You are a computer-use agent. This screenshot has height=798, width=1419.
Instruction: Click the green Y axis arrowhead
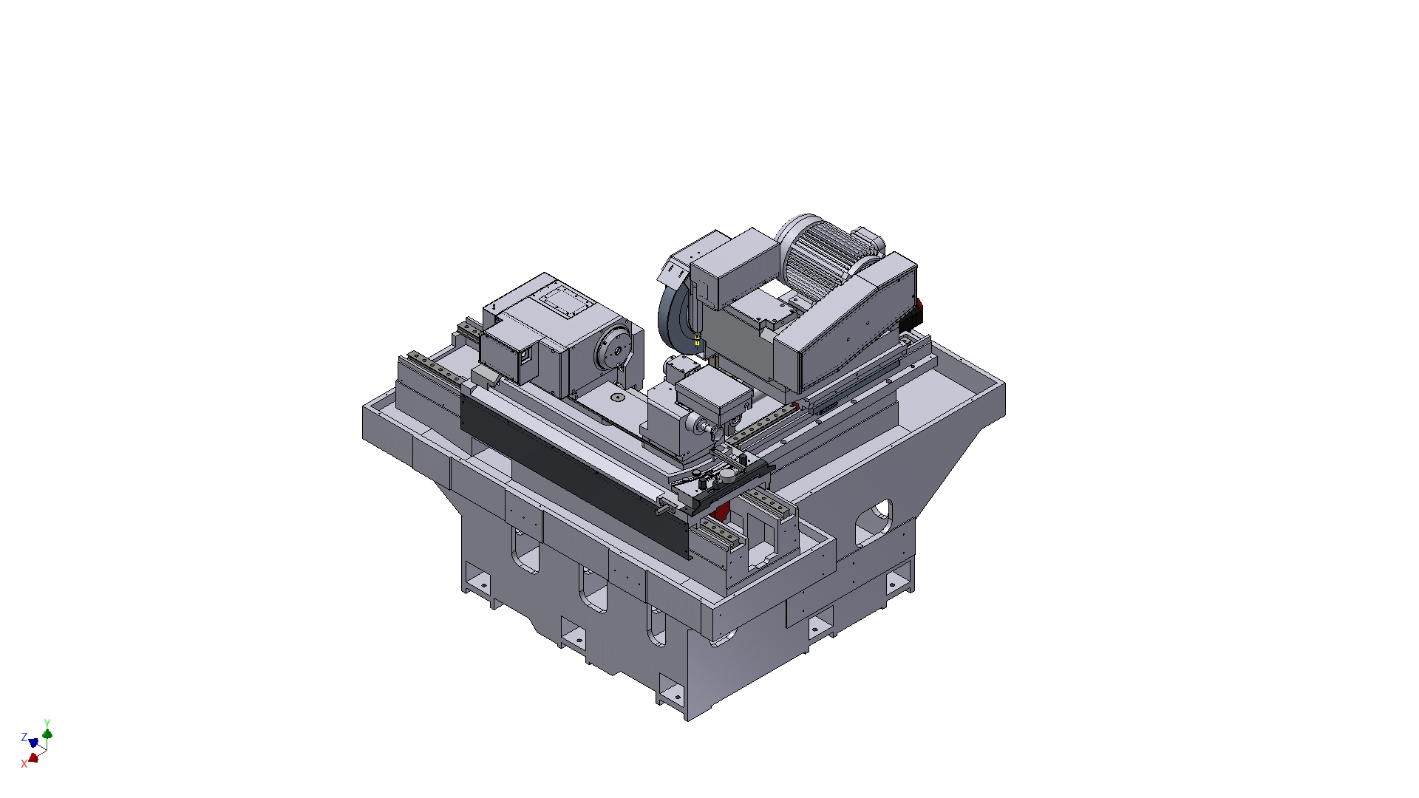[48, 734]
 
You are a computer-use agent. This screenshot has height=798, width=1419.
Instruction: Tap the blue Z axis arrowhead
[33, 742]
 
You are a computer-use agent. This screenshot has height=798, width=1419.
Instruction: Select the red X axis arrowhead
[33, 757]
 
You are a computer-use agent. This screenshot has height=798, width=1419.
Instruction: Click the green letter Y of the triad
[47, 723]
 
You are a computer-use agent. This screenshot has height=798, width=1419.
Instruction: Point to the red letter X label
[24, 763]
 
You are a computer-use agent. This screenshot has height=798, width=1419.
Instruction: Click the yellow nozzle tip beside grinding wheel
[697, 340]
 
